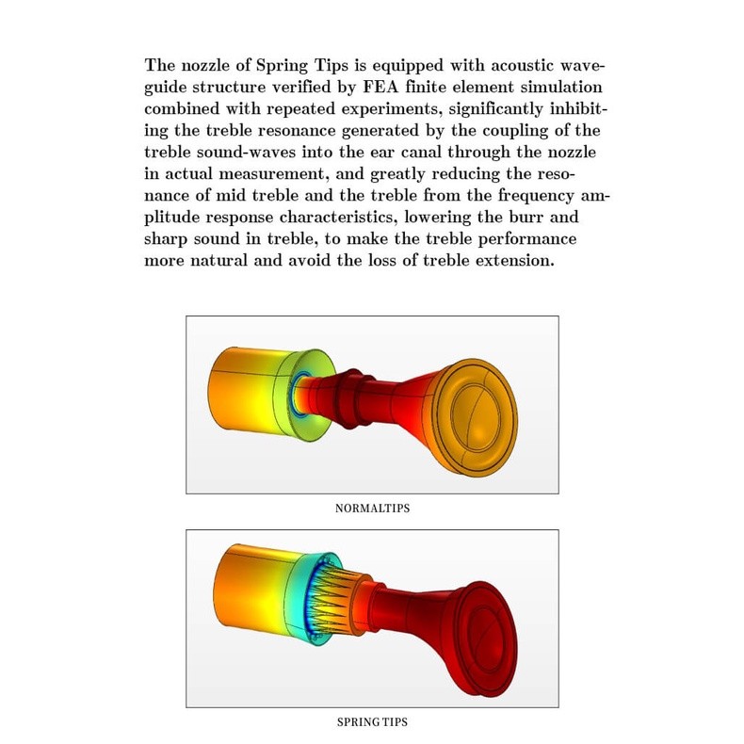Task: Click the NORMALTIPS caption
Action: pyautogui.click(x=372, y=509)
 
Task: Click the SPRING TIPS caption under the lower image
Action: pyautogui.click(x=372, y=722)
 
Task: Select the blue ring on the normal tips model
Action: pyautogui.click(x=304, y=396)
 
